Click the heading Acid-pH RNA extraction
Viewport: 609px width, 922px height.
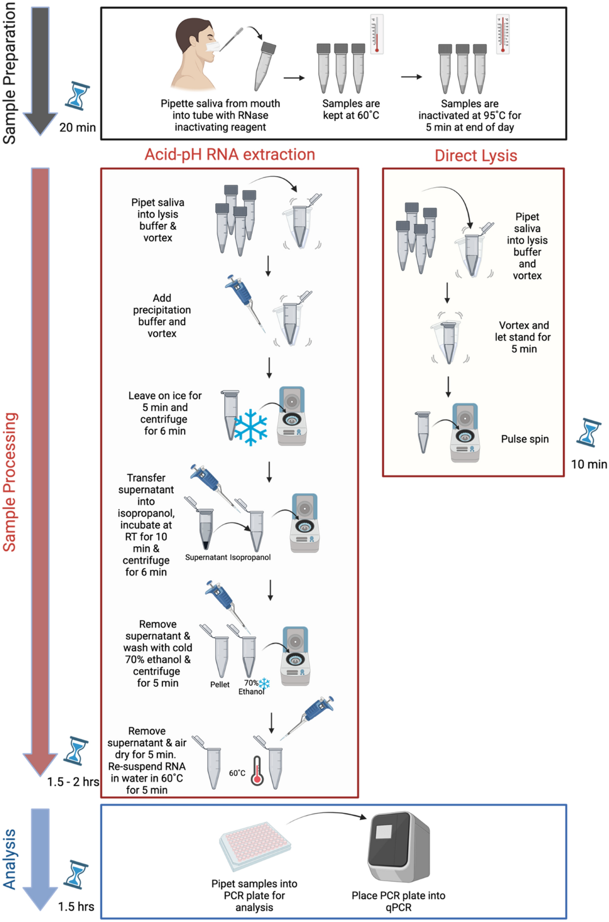(x=229, y=154)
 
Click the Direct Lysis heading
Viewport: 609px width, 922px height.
(x=476, y=155)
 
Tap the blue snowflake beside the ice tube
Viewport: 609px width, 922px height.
(x=250, y=427)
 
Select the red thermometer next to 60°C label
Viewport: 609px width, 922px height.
(x=257, y=771)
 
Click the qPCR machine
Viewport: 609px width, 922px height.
(x=399, y=847)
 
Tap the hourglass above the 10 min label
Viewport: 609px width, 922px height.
(x=589, y=433)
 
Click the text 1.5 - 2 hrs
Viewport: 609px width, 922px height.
(x=73, y=782)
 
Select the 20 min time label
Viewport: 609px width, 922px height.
(x=77, y=127)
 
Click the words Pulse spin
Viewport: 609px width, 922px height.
(x=525, y=439)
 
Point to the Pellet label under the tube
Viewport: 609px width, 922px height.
(x=220, y=684)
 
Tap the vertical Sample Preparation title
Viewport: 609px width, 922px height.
(x=10, y=73)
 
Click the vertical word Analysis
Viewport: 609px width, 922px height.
(x=10, y=859)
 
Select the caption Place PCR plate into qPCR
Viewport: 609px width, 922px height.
(x=398, y=901)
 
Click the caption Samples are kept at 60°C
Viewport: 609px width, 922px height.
(x=351, y=109)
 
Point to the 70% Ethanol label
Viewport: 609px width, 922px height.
(x=251, y=687)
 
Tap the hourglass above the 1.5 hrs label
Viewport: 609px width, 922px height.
(x=76, y=874)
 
